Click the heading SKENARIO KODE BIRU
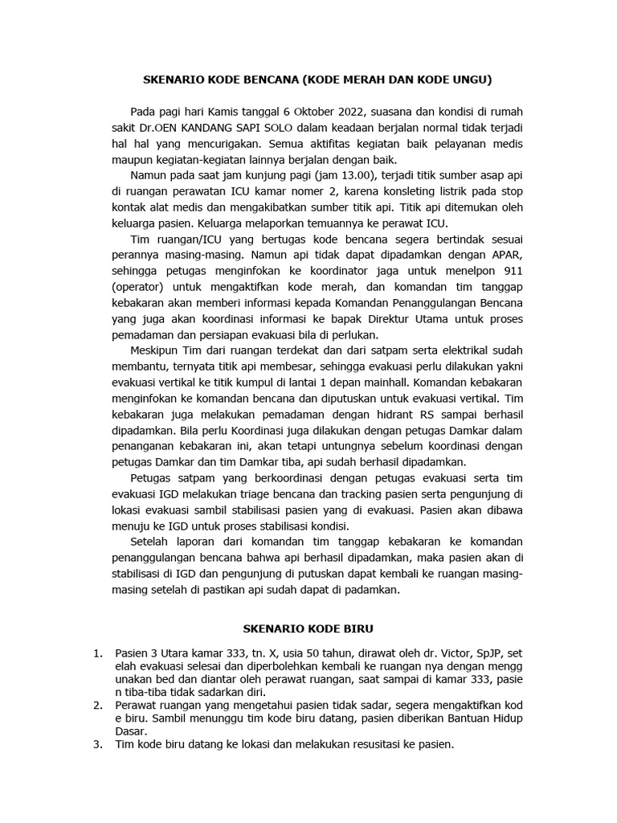(308, 628)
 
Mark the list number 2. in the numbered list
(97, 705)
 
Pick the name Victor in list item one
(450, 653)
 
